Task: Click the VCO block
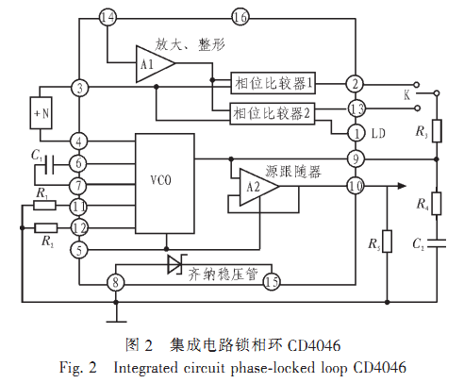point(165,183)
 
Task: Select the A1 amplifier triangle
point(154,64)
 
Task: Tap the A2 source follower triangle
point(257,187)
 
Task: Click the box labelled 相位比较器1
point(273,83)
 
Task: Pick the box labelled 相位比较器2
point(273,113)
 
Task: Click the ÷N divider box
point(41,113)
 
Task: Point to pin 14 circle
point(108,17)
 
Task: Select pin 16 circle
point(240,17)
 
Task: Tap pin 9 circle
point(356,159)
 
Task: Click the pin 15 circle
point(272,281)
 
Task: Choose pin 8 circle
point(116,282)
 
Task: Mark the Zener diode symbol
point(176,264)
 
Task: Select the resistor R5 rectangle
point(387,241)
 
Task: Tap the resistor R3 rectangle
point(437,131)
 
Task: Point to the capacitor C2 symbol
point(437,243)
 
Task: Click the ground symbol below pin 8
point(116,322)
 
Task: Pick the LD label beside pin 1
point(378,134)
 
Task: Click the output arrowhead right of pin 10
point(402,186)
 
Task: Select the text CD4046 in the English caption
point(379,367)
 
